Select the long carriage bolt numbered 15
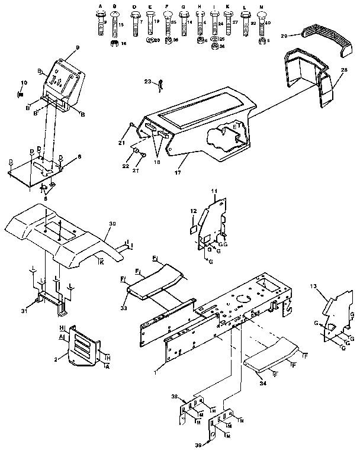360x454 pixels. coord(115,24)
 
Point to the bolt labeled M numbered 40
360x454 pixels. coord(262,22)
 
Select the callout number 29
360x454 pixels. coord(284,37)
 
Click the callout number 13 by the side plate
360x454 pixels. coord(313,286)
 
